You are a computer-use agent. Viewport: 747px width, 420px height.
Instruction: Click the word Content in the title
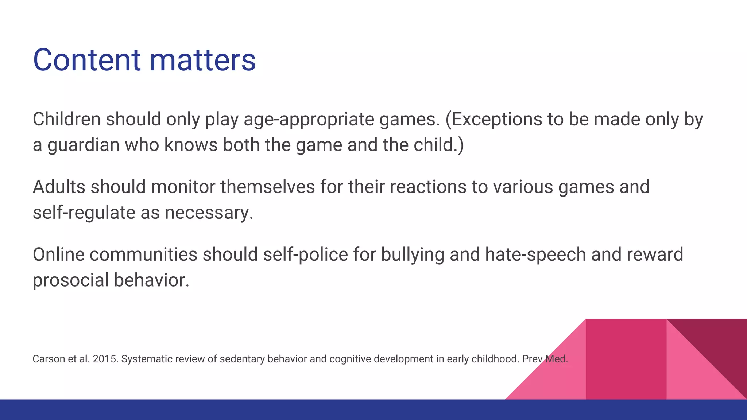pyautogui.click(x=86, y=60)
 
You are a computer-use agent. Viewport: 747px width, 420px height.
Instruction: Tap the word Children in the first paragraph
pyautogui.click(x=66, y=119)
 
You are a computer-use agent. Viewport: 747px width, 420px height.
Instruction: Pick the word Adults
pyautogui.click(x=59, y=187)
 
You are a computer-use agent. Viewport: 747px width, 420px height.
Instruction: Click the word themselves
pyautogui.click(x=267, y=187)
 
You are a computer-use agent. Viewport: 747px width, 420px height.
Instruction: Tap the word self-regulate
pyautogui.click(x=84, y=213)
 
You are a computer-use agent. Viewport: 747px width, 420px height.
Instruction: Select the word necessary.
pyautogui.click(x=209, y=213)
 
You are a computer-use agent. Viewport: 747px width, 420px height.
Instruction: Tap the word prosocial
pyautogui.click(x=70, y=280)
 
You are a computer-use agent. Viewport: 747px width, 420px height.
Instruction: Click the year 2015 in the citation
pyautogui.click(x=105, y=359)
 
